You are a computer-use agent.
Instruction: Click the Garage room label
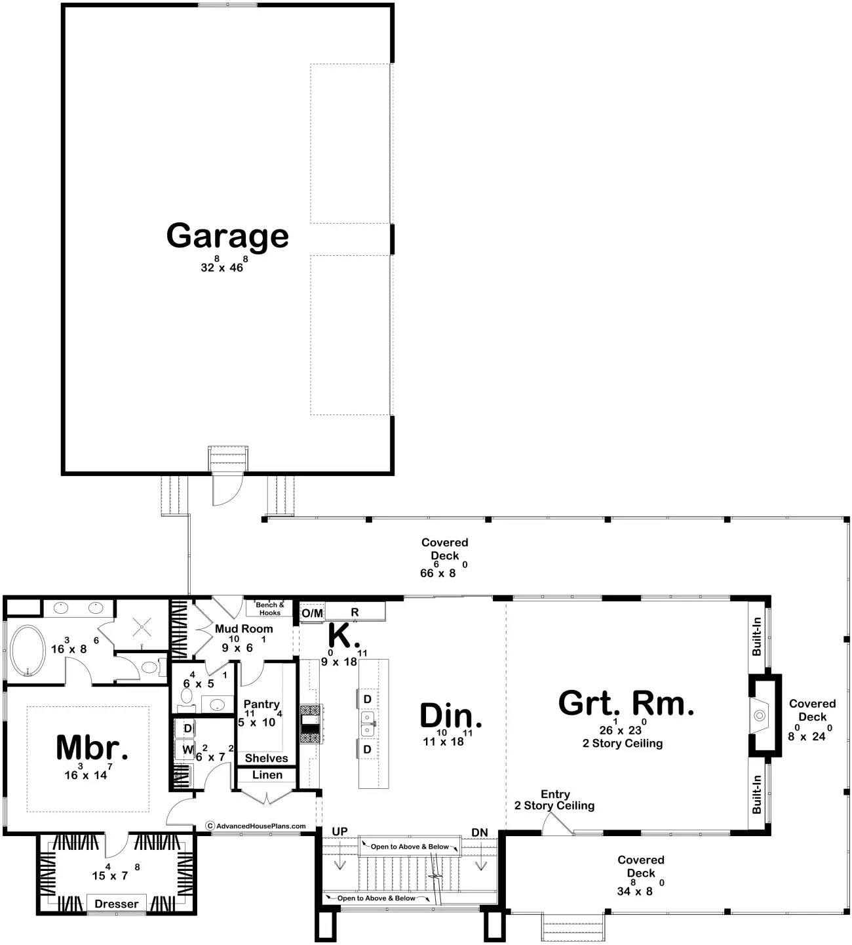point(227,237)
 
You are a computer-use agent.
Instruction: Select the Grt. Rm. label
point(626,703)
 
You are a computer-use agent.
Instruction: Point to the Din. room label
point(451,715)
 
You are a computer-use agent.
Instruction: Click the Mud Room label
point(244,628)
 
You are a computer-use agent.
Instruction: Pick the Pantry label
point(261,704)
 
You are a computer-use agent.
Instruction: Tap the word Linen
point(267,774)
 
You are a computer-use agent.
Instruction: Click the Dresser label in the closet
point(117,904)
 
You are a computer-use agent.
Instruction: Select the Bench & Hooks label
point(270,609)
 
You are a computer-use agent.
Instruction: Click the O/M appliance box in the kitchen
point(312,613)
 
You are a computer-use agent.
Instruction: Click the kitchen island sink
point(368,723)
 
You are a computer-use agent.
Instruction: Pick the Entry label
point(555,794)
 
